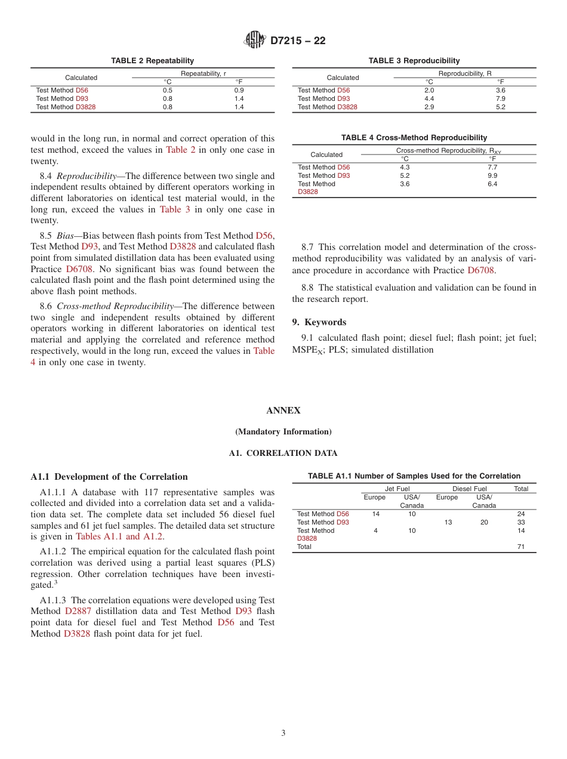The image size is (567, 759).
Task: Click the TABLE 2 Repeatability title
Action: pyautogui.click(x=152, y=61)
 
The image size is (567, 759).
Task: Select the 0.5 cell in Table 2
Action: pyautogui.click(x=168, y=90)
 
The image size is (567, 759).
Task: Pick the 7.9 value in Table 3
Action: pyautogui.click(x=500, y=98)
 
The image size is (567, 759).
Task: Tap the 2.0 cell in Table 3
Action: pyautogui.click(x=429, y=90)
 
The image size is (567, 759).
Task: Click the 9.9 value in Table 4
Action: pyautogui.click(x=492, y=175)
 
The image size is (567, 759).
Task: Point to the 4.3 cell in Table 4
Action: pyautogui.click(x=405, y=167)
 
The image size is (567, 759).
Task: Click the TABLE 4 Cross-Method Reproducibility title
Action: pyautogui.click(x=414, y=138)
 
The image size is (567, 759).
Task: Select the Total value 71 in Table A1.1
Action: pyautogui.click(x=521, y=547)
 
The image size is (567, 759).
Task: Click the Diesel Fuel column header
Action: pyautogui.click(x=469, y=489)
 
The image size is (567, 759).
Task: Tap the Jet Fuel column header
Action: pyautogui.click(x=397, y=489)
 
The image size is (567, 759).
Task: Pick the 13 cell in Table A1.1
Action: pyautogui.click(x=448, y=522)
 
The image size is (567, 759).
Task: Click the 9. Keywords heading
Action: pyautogui.click(x=319, y=322)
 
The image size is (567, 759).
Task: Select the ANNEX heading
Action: pyautogui.click(x=283, y=411)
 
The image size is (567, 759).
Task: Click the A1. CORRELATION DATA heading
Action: pyautogui.click(x=283, y=453)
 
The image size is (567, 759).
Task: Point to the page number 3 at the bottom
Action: pyautogui.click(x=283, y=733)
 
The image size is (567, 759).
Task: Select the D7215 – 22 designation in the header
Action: pyautogui.click(x=298, y=41)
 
